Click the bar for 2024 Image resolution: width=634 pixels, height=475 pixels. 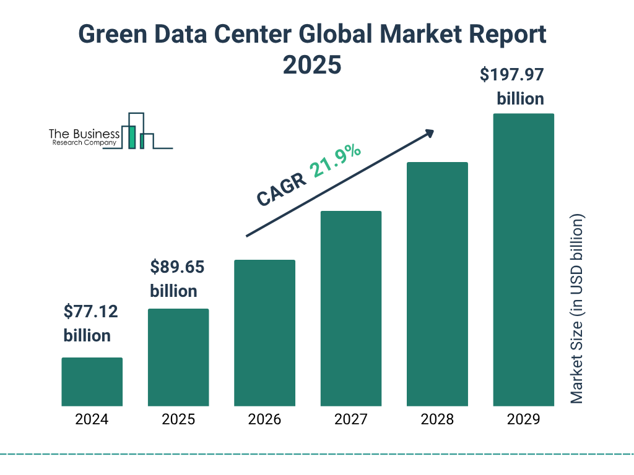(92, 382)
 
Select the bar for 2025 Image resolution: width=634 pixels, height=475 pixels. (178, 357)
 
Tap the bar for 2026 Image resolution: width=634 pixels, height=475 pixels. (264, 333)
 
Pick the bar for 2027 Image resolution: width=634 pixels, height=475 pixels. (351, 309)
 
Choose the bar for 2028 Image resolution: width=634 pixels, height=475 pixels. (437, 284)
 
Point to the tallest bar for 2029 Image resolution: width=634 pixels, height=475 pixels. (523, 260)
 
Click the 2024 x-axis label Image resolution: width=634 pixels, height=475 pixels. (92, 419)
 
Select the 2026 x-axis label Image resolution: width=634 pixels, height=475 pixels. (264, 419)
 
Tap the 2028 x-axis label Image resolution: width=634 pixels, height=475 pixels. (437, 419)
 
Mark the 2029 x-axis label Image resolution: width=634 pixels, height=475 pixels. (523, 419)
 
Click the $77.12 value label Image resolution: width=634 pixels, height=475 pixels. (90, 312)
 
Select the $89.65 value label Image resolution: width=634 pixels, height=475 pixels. (177, 267)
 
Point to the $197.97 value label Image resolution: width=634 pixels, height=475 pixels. (512, 75)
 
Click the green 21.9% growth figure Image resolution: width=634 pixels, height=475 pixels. (336, 161)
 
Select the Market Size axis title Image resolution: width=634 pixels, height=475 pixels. (577, 309)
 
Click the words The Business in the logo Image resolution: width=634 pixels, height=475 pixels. (84, 134)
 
